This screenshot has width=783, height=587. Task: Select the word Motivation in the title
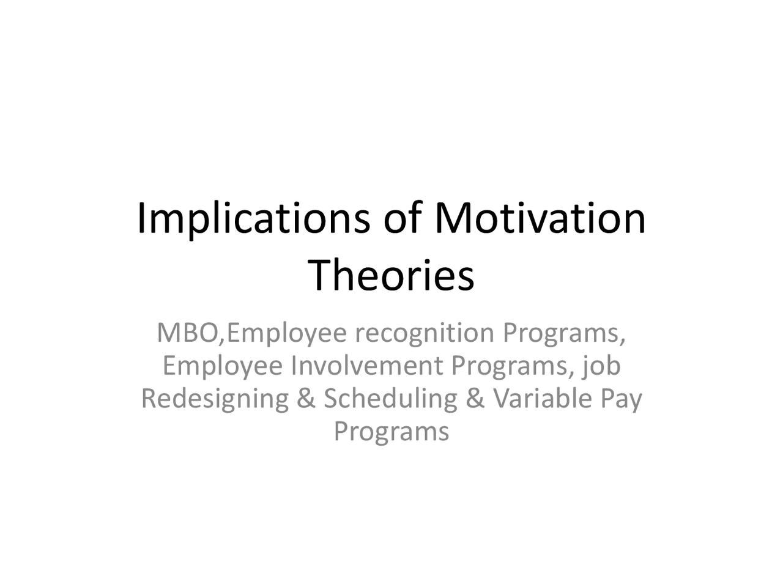coord(539,219)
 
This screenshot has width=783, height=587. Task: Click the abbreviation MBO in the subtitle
coord(187,333)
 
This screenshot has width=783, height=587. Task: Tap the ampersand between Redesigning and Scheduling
coord(305,399)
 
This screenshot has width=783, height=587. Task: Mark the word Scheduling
coord(390,399)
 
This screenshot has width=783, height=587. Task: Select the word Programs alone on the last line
coord(391,432)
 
